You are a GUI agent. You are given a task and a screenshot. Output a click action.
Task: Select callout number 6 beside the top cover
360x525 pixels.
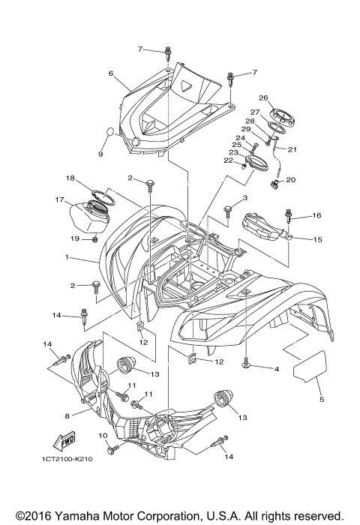[x=110, y=73]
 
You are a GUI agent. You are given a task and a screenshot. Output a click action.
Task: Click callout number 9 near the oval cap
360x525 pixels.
[x=100, y=154]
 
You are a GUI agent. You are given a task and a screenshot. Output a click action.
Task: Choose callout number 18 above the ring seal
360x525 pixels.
[x=70, y=178]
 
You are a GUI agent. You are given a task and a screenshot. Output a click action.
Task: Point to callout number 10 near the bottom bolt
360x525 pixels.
[x=103, y=436]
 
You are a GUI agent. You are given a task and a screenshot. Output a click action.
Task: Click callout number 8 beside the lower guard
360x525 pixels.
[x=67, y=415]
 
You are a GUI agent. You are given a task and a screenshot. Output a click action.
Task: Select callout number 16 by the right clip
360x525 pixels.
[x=316, y=215]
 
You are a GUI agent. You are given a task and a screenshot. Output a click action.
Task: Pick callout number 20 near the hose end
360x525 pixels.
[x=292, y=180]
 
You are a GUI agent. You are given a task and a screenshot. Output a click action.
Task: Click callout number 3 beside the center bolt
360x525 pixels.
[x=244, y=197]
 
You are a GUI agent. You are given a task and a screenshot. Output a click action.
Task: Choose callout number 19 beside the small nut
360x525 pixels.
[x=76, y=238]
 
